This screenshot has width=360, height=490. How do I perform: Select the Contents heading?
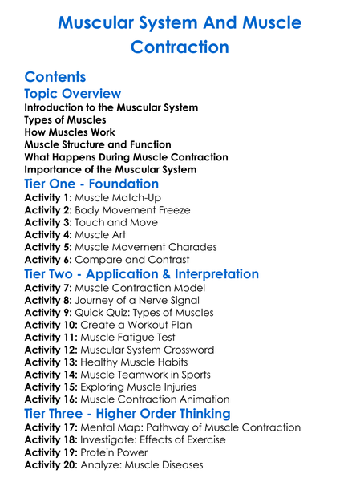click(55, 77)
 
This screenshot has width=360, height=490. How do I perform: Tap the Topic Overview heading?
click(73, 95)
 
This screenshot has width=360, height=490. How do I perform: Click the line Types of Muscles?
click(65, 119)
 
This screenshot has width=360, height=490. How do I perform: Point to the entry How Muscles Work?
click(70, 132)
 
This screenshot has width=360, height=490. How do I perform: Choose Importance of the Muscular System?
click(109, 169)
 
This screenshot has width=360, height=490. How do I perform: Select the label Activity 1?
click(49, 197)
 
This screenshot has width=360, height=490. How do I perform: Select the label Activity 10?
click(52, 325)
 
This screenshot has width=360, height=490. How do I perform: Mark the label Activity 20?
click(52, 464)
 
